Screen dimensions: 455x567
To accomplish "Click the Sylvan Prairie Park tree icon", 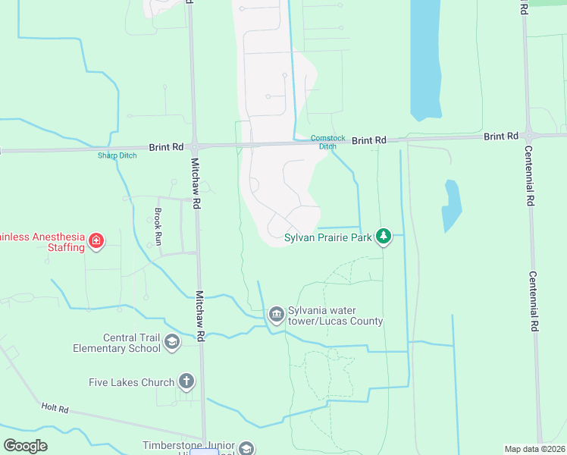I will (x=384, y=237).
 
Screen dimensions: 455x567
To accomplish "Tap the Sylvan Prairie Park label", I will (x=327, y=237).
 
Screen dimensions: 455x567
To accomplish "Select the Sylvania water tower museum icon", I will (x=276, y=313).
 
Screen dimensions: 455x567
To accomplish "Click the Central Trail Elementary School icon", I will (x=171, y=342).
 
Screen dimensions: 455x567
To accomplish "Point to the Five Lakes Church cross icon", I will (x=186, y=382).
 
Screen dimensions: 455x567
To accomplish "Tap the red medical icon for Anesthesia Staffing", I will (x=96, y=242).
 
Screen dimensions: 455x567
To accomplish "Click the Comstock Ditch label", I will (x=327, y=142).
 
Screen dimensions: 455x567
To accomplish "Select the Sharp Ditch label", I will (x=116, y=156).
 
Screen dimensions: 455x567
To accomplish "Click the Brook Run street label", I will (x=158, y=226).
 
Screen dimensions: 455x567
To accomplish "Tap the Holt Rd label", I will (x=55, y=409).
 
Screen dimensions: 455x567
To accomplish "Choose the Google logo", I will (x=25, y=445).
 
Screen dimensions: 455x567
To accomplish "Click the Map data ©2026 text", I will (x=534, y=449).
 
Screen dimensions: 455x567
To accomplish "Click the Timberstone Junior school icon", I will (x=246, y=448).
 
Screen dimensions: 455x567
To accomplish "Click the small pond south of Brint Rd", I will (x=452, y=205).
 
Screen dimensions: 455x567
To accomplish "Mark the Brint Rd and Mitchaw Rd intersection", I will (x=194, y=146).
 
